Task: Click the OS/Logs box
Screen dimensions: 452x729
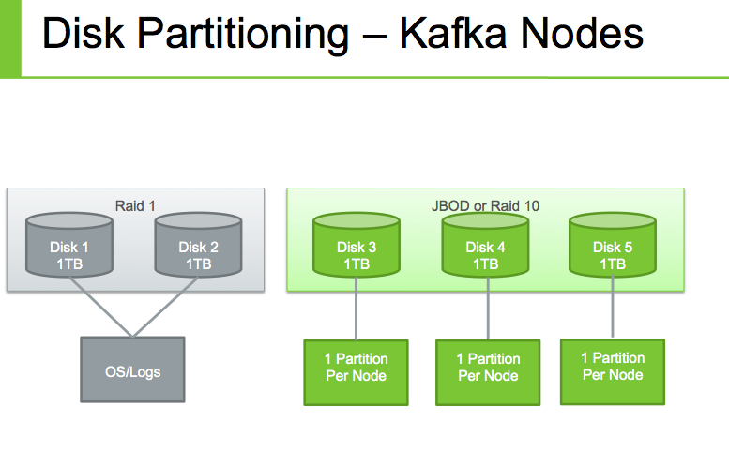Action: point(133,371)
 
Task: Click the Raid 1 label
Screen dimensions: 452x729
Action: point(135,205)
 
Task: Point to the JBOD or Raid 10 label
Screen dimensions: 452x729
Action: point(484,205)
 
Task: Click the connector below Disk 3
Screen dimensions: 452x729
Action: point(357,311)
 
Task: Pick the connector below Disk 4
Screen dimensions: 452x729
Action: point(486,311)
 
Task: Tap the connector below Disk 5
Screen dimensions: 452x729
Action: point(613,309)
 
